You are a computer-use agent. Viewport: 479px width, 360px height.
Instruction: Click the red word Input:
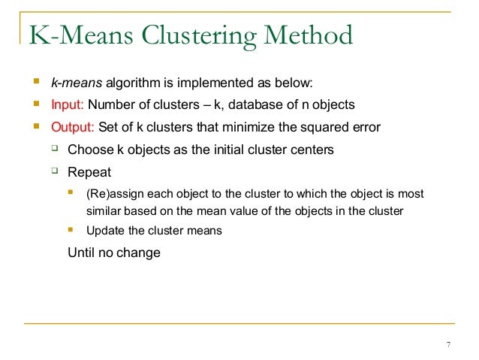(x=67, y=104)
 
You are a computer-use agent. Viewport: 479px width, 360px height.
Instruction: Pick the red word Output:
(x=71, y=127)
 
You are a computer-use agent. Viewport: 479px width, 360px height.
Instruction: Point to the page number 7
(x=448, y=345)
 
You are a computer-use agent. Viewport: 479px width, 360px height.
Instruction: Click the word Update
(x=106, y=231)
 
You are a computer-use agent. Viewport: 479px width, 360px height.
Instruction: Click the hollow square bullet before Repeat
(x=54, y=171)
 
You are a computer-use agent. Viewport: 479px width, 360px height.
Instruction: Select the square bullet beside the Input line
(x=35, y=104)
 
